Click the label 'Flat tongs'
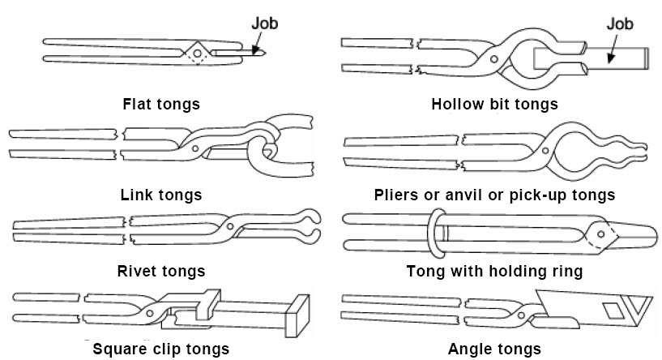point(161,104)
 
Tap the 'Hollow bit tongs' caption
point(494,104)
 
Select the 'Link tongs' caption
point(161,195)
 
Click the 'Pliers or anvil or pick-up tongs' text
point(495,195)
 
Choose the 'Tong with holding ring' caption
point(496,271)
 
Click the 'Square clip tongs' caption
point(161,349)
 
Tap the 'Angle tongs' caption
point(495,349)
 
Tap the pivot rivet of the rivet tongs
point(230,225)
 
